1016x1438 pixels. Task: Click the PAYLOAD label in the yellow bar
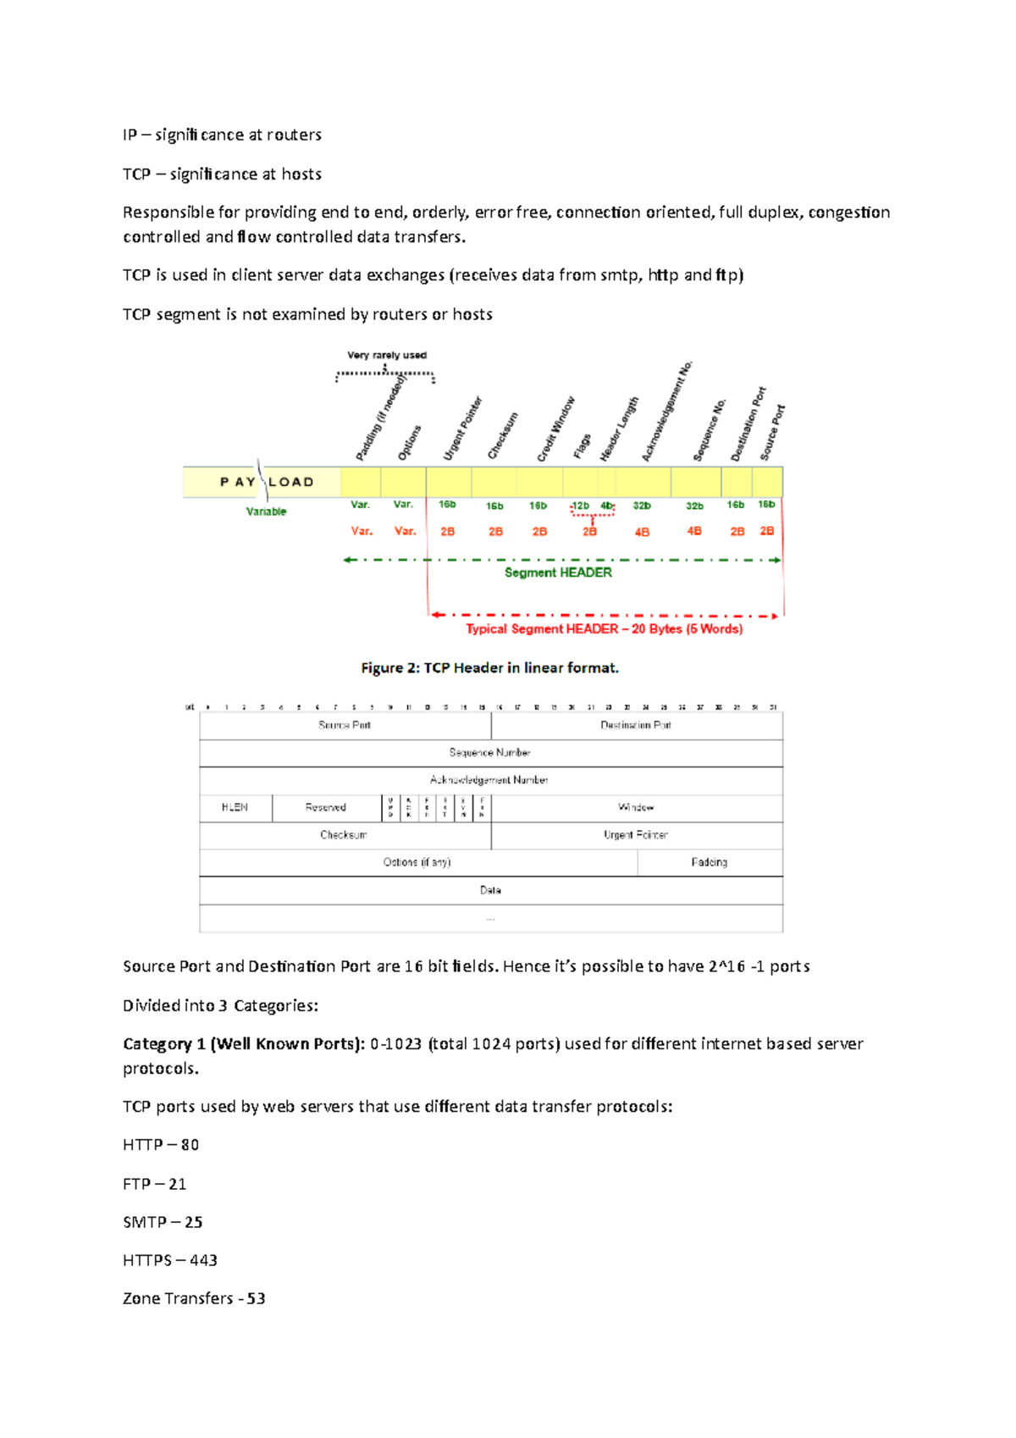(x=266, y=482)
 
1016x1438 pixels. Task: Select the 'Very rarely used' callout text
(x=387, y=356)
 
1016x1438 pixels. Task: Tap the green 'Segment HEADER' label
(x=558, y=572)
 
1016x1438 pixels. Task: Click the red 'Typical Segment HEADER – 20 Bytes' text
(x=604, y=628)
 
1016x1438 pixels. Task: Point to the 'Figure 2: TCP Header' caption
(x=489, y=668)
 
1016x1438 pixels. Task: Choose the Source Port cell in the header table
(x=345, y=725)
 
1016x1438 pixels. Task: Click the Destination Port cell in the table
(x=636, y=725)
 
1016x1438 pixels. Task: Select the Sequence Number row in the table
(x=489, y=752)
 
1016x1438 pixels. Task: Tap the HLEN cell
(x=235, y=808)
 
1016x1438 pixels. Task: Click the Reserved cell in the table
(x=326, y=808)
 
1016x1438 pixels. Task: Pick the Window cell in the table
(x=636, y=808)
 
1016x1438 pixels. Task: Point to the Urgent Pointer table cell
(x=636, y=835)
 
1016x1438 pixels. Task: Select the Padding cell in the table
(x=710, y=862)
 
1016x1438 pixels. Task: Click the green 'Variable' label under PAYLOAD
(x=266, y=512)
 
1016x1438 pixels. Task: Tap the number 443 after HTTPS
(x=203, y=1260)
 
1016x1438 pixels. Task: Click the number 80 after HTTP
(x=190, y=1145)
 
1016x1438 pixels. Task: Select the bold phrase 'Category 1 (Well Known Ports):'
(x=244, y=1044)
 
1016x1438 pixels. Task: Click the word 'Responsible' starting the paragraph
(x=168, y=213)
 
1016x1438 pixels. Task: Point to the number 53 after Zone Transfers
(x=256, y=1298)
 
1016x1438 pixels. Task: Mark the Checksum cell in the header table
(x=344, y=835)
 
